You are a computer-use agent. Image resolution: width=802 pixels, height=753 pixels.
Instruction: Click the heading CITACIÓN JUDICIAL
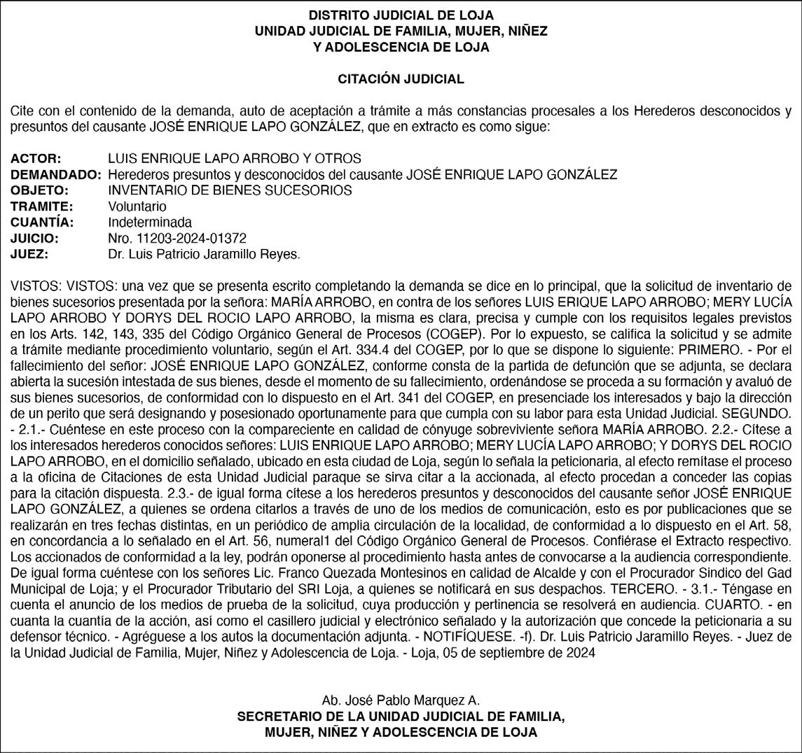point(401,79)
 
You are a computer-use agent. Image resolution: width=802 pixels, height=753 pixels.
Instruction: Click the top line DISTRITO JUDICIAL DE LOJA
point(401,15)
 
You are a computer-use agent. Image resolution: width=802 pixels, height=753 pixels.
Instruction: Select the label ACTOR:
point(36,158)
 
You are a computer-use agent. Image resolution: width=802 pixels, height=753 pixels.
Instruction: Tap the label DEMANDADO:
point(56,174)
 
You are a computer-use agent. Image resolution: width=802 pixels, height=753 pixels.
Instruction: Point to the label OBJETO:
point(39,190)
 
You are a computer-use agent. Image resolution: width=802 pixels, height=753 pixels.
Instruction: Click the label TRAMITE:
point(42,206)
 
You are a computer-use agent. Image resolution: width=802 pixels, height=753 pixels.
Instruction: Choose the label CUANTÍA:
point(43,223)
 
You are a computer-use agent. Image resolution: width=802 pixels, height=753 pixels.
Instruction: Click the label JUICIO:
point(34,239)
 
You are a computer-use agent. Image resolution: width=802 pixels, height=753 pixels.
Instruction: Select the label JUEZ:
point(29,255)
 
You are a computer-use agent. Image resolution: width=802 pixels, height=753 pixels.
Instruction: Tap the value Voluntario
point(137,206)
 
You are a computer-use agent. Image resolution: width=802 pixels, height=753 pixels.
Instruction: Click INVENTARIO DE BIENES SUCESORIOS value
point(230,190)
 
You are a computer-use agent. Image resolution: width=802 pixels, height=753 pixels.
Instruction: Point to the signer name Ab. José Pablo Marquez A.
point(401,701)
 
